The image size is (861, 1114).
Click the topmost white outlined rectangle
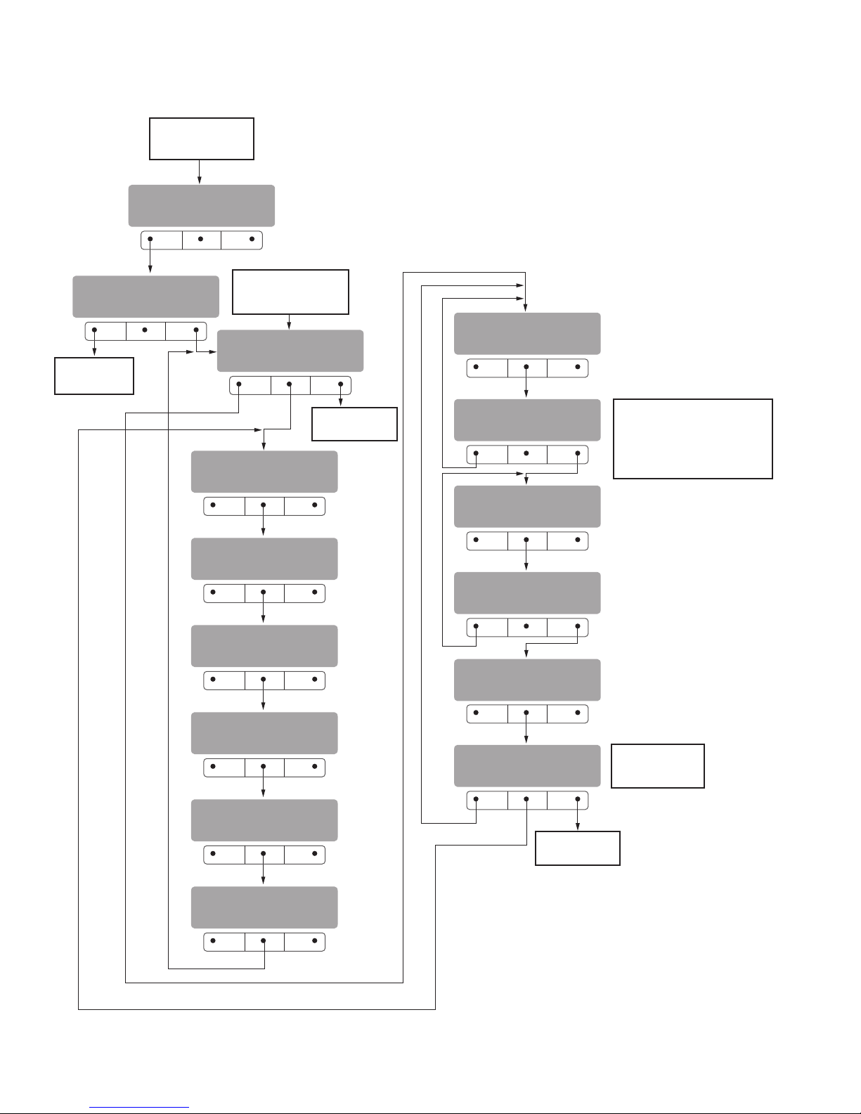point(201,138)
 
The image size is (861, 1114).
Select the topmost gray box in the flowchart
point(201,205)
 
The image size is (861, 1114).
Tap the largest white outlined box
point(692,439)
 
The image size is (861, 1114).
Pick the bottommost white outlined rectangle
point(577,848)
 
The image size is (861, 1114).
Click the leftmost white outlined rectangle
point(94,375)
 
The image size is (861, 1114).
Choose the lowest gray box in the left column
point(264,907)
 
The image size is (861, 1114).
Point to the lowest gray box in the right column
point(527,765)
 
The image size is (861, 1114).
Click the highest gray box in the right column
point(527,333)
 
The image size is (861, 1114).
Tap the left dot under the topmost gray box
point(150,240)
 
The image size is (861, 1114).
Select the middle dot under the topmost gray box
point(201,240)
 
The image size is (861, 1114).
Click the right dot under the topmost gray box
point(252,240)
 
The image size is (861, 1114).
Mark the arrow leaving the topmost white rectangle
point(200,172)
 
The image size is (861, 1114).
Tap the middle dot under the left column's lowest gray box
point(264,941)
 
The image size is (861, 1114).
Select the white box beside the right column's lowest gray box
point(657,765)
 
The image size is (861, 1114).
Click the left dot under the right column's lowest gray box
point(477,799)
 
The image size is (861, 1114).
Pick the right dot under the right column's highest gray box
point(578,367)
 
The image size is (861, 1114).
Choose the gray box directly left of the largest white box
point(527,420)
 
